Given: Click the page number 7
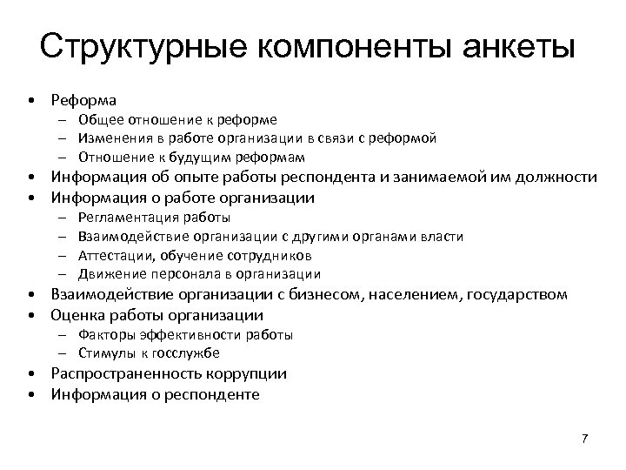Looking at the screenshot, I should [585, 438].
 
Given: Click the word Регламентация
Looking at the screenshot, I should [127, 218].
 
